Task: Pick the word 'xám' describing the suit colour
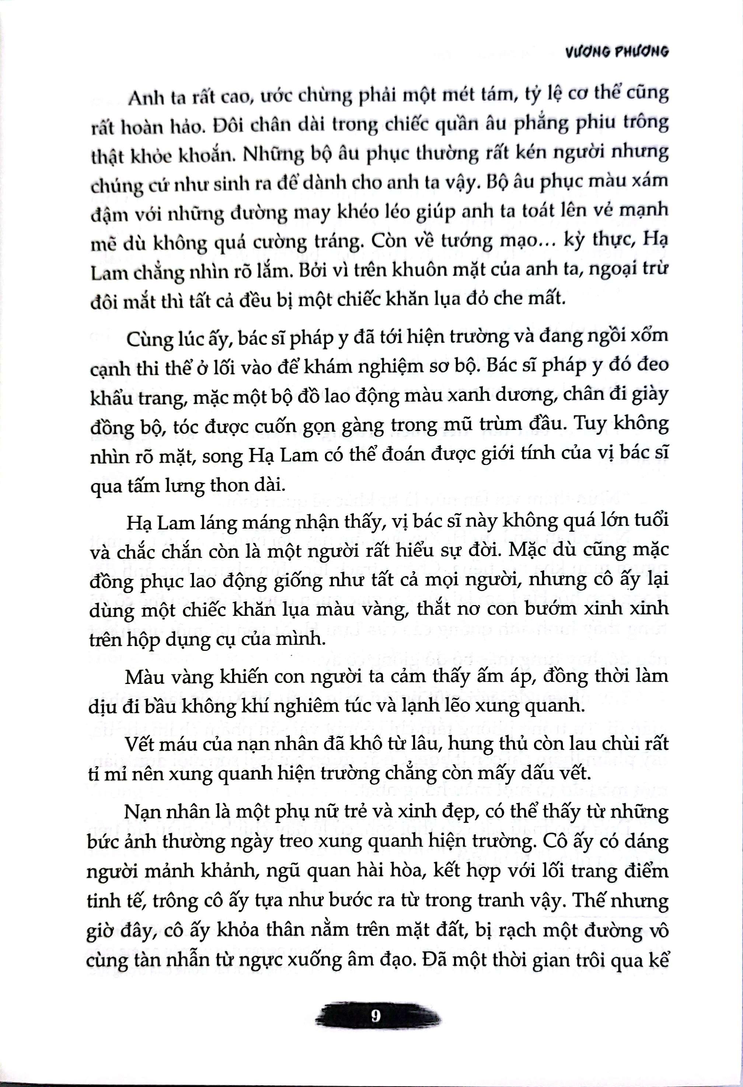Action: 651,181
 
